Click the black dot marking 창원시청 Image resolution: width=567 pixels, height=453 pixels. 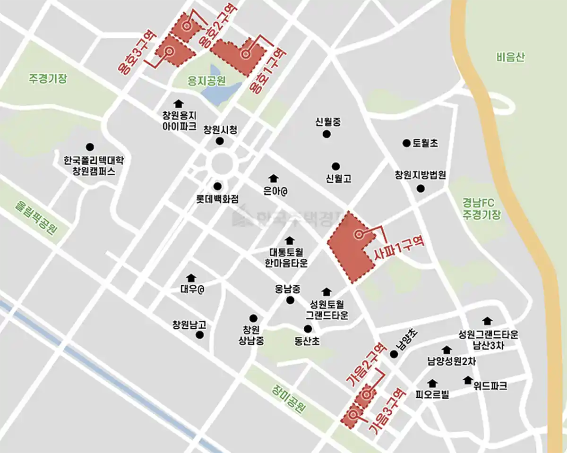pyautogui.click(x=219, y=141)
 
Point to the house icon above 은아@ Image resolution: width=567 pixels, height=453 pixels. pyautogui.click(x=273, y=178)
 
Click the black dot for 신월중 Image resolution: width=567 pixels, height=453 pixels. pyautogui.click(x=326, y=134)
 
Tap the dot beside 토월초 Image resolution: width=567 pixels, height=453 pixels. pyautogui.click(x=405, y=143)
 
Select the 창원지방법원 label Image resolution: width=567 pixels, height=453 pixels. pyautogui.click(x=421, y=175)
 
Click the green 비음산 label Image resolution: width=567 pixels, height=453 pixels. pyautogui.click(x=511, y=58)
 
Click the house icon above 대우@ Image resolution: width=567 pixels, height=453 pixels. pyautogui.click(x=191, y=277)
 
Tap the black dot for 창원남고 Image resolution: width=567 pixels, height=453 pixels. pyautogui.click(x=199, y=335)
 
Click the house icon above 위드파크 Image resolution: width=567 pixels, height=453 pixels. pyautogui.click(x=468, y=380)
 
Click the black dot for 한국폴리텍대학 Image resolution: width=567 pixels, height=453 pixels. pyautogui.click(x=89, y=147)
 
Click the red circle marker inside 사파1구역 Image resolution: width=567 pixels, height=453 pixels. pyautogui.click(x=358, y=234)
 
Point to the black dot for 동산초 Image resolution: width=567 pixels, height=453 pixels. pyautogui.click(x=308, y=329)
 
